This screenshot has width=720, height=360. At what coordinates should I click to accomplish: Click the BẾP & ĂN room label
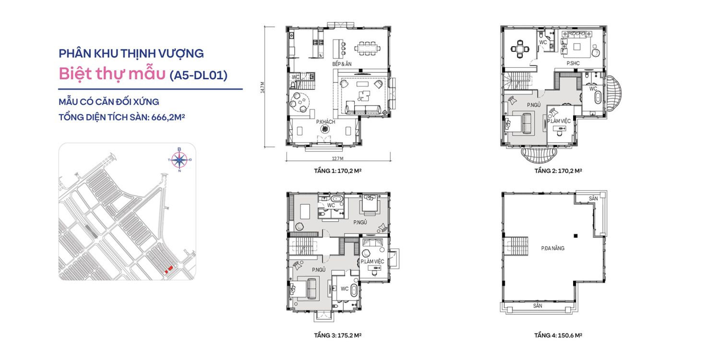coord(342,64)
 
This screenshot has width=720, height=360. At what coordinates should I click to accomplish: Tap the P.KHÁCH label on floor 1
coord(325,122)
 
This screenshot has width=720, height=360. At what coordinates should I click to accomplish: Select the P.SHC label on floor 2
coord(573,63)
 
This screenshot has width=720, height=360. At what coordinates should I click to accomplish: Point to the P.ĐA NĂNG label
coord(552,248)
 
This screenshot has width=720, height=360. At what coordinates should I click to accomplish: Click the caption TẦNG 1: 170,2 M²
coord(337,171)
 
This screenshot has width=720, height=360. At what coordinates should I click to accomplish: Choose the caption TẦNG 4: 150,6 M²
coord(558,335)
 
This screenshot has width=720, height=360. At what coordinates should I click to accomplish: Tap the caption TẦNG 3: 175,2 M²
coord(337,335)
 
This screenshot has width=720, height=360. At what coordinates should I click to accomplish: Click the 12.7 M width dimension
coord(337,158)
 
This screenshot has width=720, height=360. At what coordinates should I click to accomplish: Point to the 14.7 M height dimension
coord(263,87)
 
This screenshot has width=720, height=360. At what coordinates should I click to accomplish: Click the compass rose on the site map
coord(180,160)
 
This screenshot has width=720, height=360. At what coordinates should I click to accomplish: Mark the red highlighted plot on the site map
coord(169,269)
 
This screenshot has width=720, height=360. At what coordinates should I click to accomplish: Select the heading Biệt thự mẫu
coord(112,74)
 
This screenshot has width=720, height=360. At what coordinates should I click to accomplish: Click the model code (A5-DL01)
coord(199,75)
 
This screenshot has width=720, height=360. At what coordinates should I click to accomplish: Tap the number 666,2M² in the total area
coord(168,117)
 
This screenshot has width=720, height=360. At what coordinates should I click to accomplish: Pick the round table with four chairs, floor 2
coord(520,49)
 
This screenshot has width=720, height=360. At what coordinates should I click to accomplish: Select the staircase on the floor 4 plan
coord(516,246)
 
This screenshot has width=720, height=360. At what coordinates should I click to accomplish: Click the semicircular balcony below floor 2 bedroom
coord(539,155)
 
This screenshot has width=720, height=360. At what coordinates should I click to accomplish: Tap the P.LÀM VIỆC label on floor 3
coord(372,261)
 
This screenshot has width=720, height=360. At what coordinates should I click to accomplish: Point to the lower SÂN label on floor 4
coord(538,306)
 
